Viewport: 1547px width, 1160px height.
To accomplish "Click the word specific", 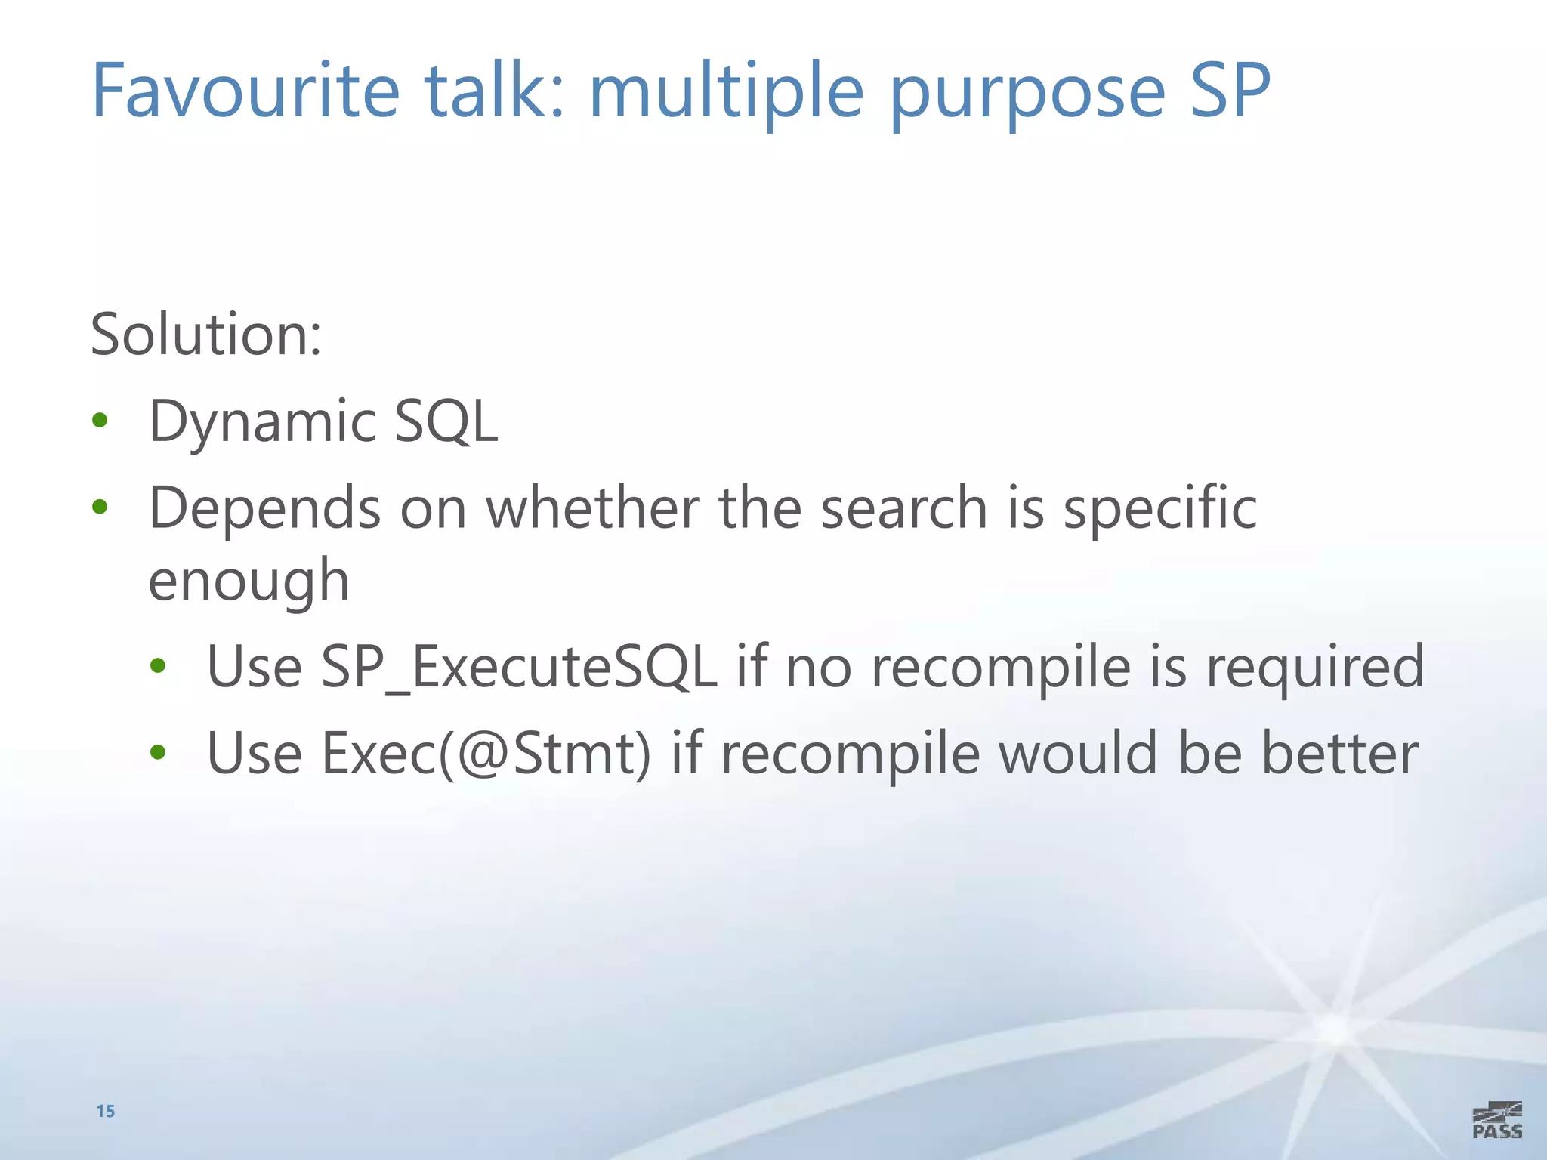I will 1160,507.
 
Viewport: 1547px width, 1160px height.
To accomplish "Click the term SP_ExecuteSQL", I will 518,667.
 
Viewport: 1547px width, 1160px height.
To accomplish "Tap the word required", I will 1314,667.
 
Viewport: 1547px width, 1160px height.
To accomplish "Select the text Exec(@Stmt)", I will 486,753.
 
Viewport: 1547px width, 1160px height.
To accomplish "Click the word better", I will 1339,753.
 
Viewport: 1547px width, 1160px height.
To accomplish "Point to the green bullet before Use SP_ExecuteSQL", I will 158,666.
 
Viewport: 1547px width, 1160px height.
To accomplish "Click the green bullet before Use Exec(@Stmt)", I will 158,752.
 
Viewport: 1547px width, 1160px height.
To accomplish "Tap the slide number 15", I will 106,1111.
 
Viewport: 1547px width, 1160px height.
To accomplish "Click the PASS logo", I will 1496,1121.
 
